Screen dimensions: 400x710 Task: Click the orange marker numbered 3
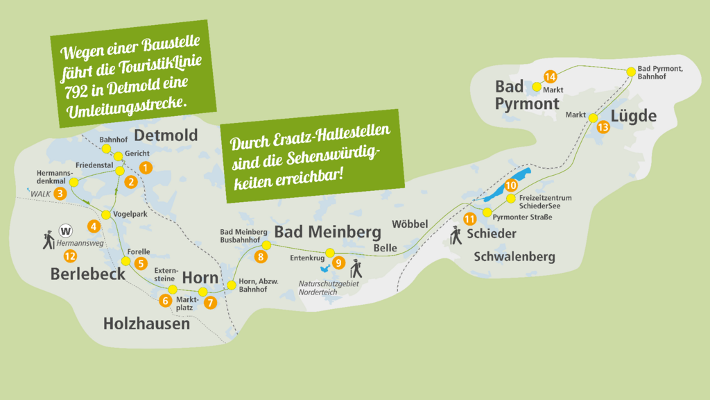(x=60, y=194)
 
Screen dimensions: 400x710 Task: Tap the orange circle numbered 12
(x=69, y=256)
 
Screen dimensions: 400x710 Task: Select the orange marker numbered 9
(x=338, y=262)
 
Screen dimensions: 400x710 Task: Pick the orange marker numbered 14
(x=551, y=77)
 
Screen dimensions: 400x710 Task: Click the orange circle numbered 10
(x=511, y=185)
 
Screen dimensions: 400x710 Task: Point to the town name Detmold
(x=166, y=135)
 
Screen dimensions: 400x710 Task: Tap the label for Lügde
(x=634, y=116)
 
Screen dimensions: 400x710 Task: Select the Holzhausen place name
(x=146, y=324)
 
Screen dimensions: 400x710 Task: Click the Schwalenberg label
(x=514, y=257)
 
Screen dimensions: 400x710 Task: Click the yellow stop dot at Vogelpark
(x=106, y=215)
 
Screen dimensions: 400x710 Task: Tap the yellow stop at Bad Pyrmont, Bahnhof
(x=631, y=71)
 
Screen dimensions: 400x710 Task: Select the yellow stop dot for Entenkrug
(x=330, y=252)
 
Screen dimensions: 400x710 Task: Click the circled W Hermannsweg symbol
(x=67, y=231)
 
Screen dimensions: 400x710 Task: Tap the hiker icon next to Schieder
(x=456, y=235)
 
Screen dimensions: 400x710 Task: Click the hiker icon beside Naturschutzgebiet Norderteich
(x=356, y=268)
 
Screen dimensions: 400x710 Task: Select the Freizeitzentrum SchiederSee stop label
(x=545, y=201)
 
